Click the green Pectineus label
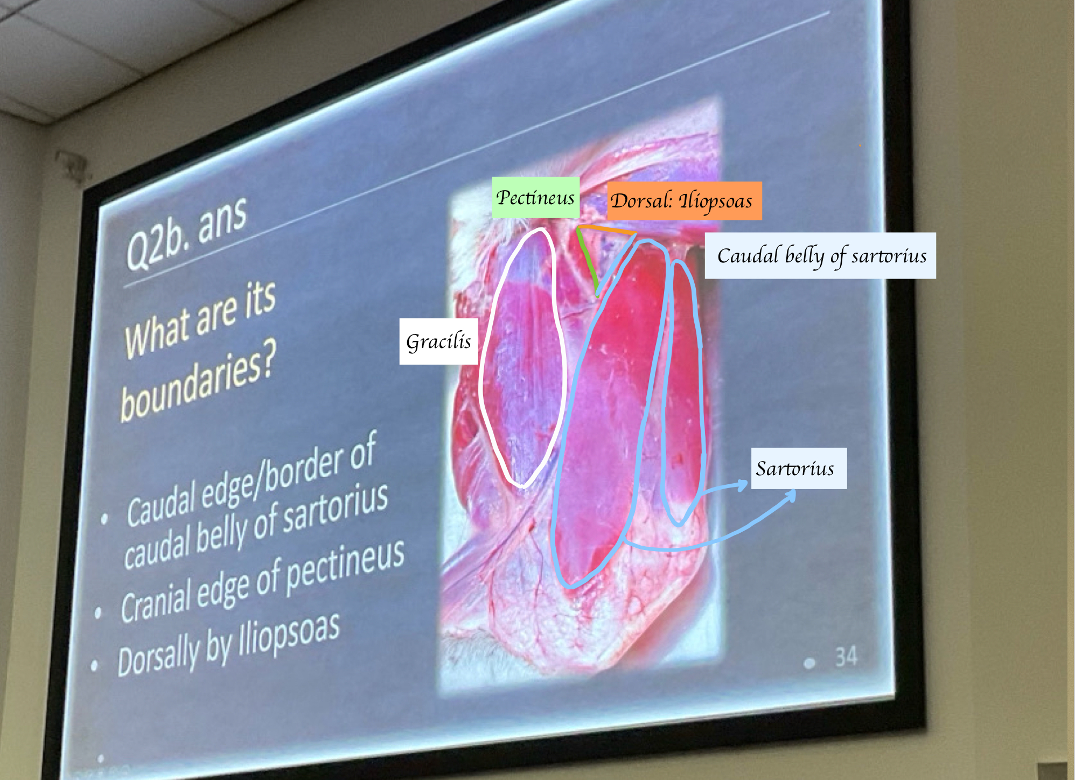[535, 198]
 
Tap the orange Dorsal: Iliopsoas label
[684, 201]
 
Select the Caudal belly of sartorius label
[820, 256]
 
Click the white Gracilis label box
[438, 342]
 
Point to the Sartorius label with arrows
[799, 469]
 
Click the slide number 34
[846, 657]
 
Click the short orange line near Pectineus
[607, 230]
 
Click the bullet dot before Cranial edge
[98, 612]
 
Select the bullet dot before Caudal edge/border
[104, 519]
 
